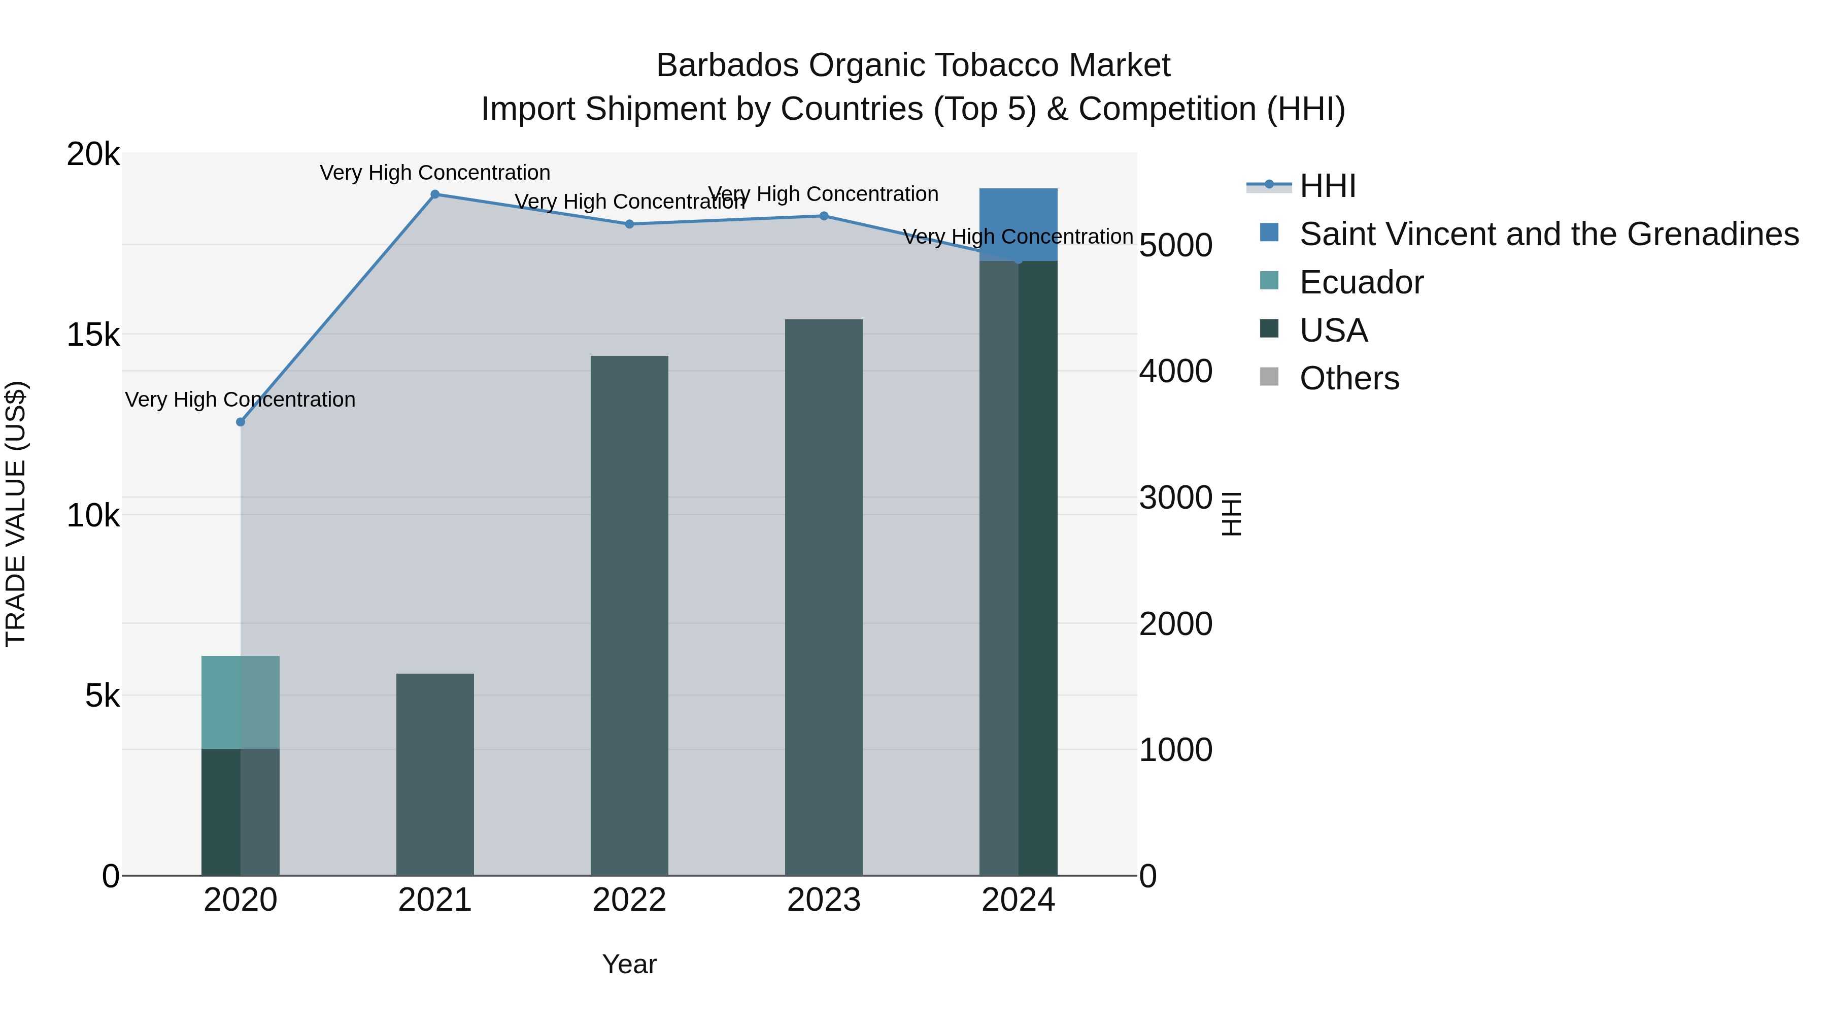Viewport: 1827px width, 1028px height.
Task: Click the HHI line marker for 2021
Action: click(x=435, y=194)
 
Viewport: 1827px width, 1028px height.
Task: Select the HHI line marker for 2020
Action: click(x=241, y=422)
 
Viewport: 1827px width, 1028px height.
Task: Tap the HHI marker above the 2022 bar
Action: click(x=629, y=224)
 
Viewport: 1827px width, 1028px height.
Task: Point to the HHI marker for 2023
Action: click(x=824, y=216)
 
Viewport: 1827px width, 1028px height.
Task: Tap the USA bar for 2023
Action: click(x=824, y=596)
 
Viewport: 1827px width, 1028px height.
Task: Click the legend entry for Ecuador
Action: click(x=1360, y=282)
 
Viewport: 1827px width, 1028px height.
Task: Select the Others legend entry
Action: click(x=1348, y=378)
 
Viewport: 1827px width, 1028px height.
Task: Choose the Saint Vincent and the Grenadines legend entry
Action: click(x=1548, y=234)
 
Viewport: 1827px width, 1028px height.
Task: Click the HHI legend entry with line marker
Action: click(x=1327, y=186)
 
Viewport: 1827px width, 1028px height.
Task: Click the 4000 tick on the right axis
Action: click(x=1175, y=371)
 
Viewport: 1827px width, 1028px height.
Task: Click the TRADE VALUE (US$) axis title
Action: click(x=16, y=514)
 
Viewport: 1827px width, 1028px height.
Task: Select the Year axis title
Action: click(x=629, y=964)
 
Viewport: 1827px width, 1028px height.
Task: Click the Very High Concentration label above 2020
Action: click(x=241, y=400)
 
